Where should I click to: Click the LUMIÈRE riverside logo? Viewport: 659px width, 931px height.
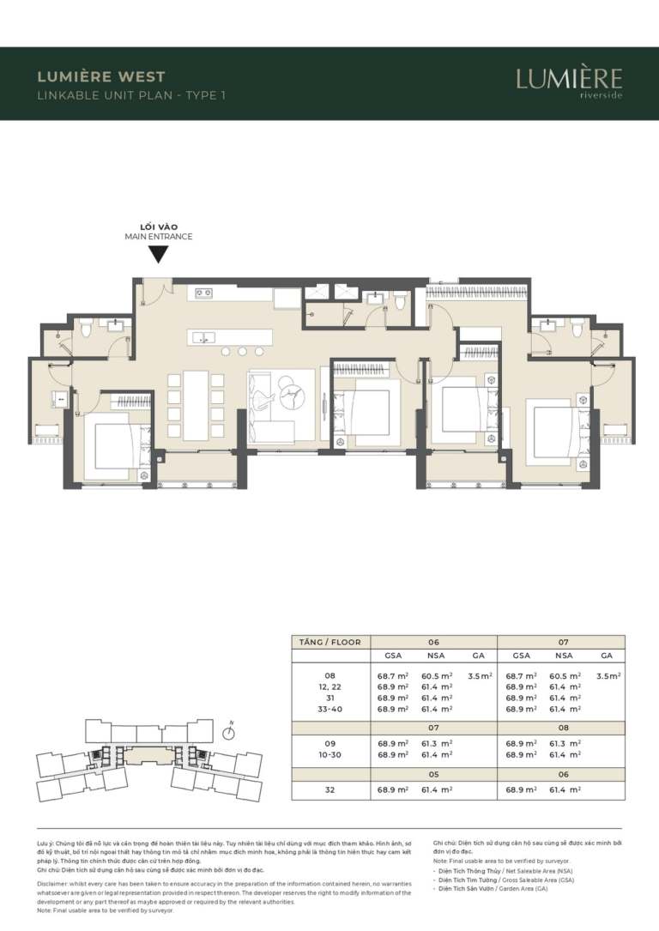pyautogui.click(x=569, y=82)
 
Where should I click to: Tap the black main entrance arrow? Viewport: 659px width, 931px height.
pyautogui.click(x=158, y=255)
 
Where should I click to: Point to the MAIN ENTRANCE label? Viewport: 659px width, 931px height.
pyautogui.click(x=158, y=236)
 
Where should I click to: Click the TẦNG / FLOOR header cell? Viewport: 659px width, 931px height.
pyautogui.click(x=330, y=642)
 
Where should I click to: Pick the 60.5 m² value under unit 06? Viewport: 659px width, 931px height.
pyautogui.click(x=436, y=676)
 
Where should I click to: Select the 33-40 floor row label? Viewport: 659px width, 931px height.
pyautogui.click(x=330, y=710)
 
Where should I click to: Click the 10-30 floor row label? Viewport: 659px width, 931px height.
pyautogui.click(x=330, y=754)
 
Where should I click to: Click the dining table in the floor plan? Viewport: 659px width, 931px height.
pyautogui.click(x=196, y=403)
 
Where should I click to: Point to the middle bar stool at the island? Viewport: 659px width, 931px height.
pyautogui.click(x=242, y=352)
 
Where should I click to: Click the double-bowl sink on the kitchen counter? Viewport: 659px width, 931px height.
pyautogui.click(x=204, y=293)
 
